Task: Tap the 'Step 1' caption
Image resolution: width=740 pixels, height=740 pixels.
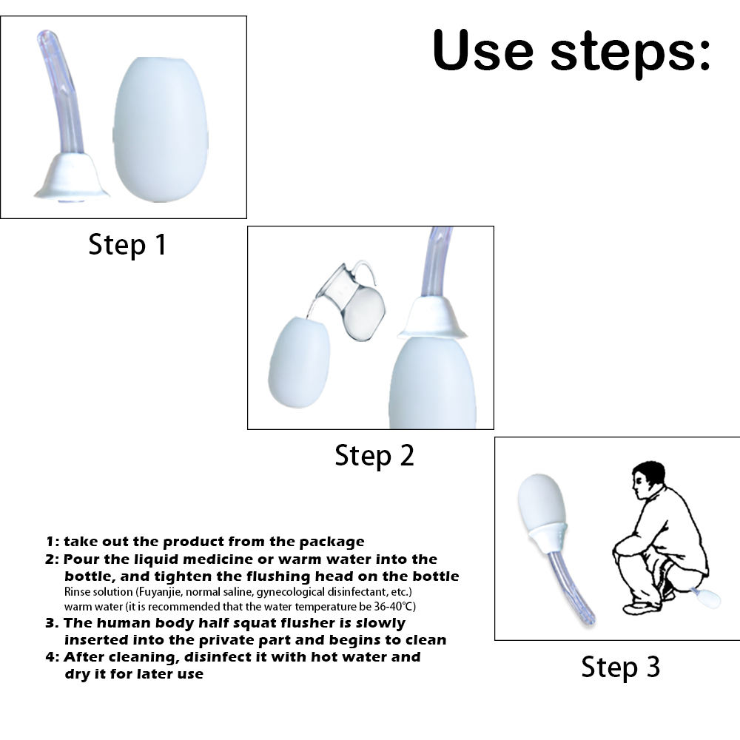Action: pyautogui.click(x=127, y=244)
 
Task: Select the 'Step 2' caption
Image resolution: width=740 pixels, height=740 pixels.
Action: pyautogui.click(x=374, y=455)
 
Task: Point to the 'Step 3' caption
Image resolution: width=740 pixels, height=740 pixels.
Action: pyautogui.click(x=620, y=667)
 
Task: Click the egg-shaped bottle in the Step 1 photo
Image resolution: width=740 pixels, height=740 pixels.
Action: pyautogui.click(x=161, y=129)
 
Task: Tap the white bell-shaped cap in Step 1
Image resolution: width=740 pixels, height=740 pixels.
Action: pyautogui.click(x=72, y=177)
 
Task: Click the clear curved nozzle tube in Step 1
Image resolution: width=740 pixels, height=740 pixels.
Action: pyautogui.click(x=61, y=90)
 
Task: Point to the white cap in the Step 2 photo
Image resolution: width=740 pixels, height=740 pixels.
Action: pyautogui.click(x=432, y=317)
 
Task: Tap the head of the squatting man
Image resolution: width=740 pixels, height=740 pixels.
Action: pyautogui.click(x=647, y=480)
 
